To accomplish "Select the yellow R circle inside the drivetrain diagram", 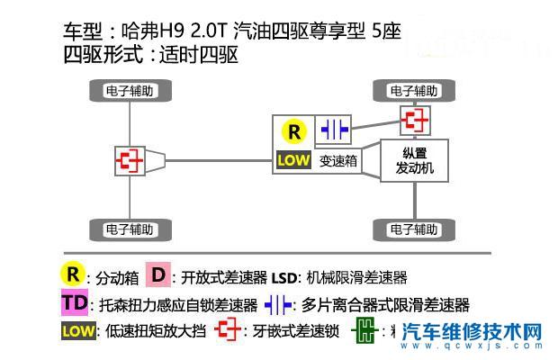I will click(x=294, y=131).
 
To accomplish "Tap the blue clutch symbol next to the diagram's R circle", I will click(x=334, y=130).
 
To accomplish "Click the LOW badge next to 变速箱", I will click(x=294, y=161).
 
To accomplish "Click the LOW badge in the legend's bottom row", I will click(x=77, y=331).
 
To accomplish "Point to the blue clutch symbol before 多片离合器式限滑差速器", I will click(x=278, y=304).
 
